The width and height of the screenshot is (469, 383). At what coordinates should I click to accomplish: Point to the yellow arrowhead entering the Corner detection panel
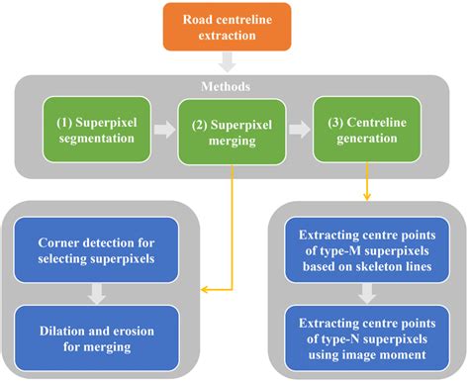click(205, 289)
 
